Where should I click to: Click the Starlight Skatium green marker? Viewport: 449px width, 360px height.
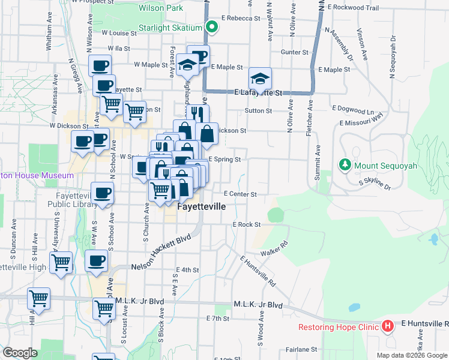click(x=211, y=27)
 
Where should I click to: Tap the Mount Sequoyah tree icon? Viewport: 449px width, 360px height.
click(x=345, y=164)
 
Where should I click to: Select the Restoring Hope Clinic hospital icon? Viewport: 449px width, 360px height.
click(x=388, y=327)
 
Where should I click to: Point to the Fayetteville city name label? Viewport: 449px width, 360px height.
click(x=202, y=206)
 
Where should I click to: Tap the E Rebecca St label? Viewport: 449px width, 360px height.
click(x=240, y=19)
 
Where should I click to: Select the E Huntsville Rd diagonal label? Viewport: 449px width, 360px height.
click(x=258, y=271)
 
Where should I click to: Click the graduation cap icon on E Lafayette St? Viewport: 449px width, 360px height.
click(x=260, y=78)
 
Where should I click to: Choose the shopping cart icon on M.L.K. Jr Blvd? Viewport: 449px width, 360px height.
click(x=104, y=308)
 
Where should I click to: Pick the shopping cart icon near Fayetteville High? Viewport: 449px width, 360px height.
click(x=61, y=262)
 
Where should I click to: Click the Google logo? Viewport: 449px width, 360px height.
click(x=20, y=353)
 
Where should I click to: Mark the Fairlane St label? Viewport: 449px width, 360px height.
click(x=301, y=349)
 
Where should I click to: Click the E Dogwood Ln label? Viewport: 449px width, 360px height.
click(x=352, y=110)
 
